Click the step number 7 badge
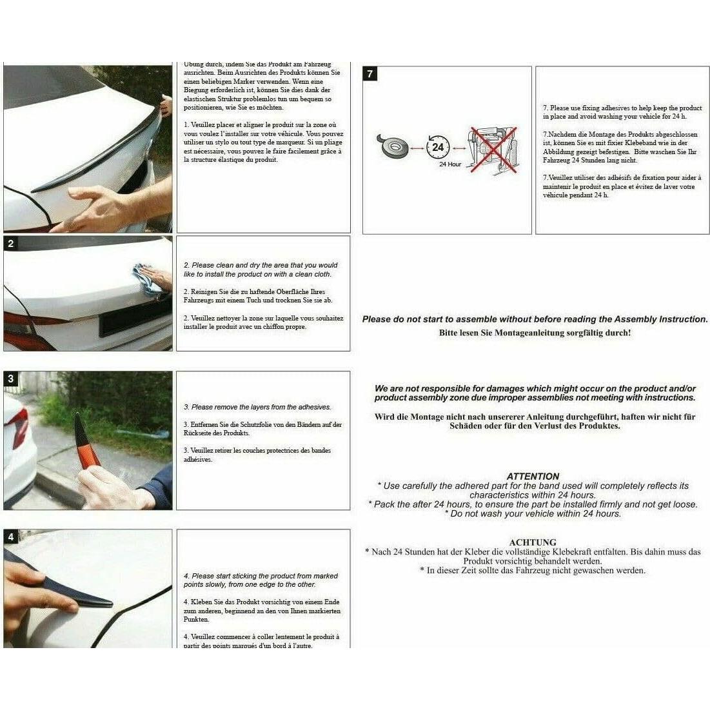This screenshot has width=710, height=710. coord(370,74)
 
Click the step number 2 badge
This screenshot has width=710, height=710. coord(11,244)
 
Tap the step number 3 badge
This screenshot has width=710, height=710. coord(11,379)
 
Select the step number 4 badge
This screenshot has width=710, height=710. coord(11,537)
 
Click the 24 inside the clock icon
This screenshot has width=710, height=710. coord(438,147)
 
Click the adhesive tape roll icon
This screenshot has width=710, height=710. coord(392,148)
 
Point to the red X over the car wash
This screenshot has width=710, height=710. coord(494,150)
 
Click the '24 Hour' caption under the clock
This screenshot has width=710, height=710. coord(450,164)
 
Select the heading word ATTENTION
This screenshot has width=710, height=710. coord(533,476)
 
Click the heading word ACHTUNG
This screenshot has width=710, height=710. coord(533,542)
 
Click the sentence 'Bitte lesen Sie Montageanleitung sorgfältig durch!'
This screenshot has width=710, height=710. coord(535,333)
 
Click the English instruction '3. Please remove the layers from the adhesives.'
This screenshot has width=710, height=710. coord(257,407)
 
